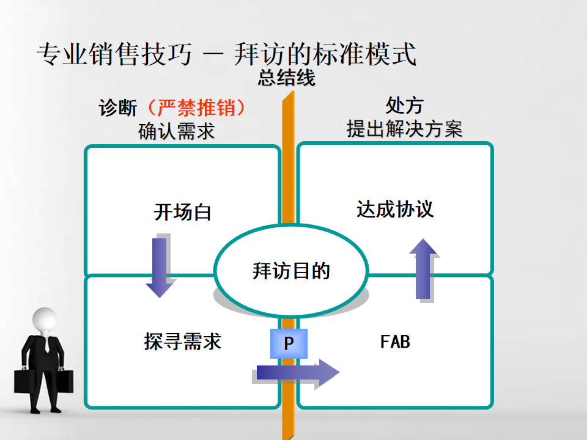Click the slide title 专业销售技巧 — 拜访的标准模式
tap(226, 55)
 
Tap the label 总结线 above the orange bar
tap(286, 78)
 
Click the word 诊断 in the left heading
tap(118, 108)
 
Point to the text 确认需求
tap(177, 130)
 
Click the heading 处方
tap(404, 106)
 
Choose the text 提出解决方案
tap(404, 129)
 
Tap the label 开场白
tap(183, 213)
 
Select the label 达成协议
tap(395, 210)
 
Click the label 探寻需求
tap(183, 341)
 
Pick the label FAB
tap(395, 341)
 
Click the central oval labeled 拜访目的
tap(291, 270)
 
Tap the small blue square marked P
tap(289, 344)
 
